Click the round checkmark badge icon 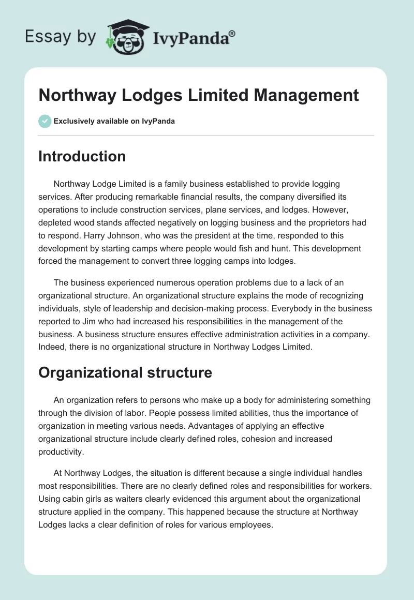[x=45, y=121]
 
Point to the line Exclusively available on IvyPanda [x=114, y=121]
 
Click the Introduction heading [x=82, y=156]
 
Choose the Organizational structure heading [x=125, y=372]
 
